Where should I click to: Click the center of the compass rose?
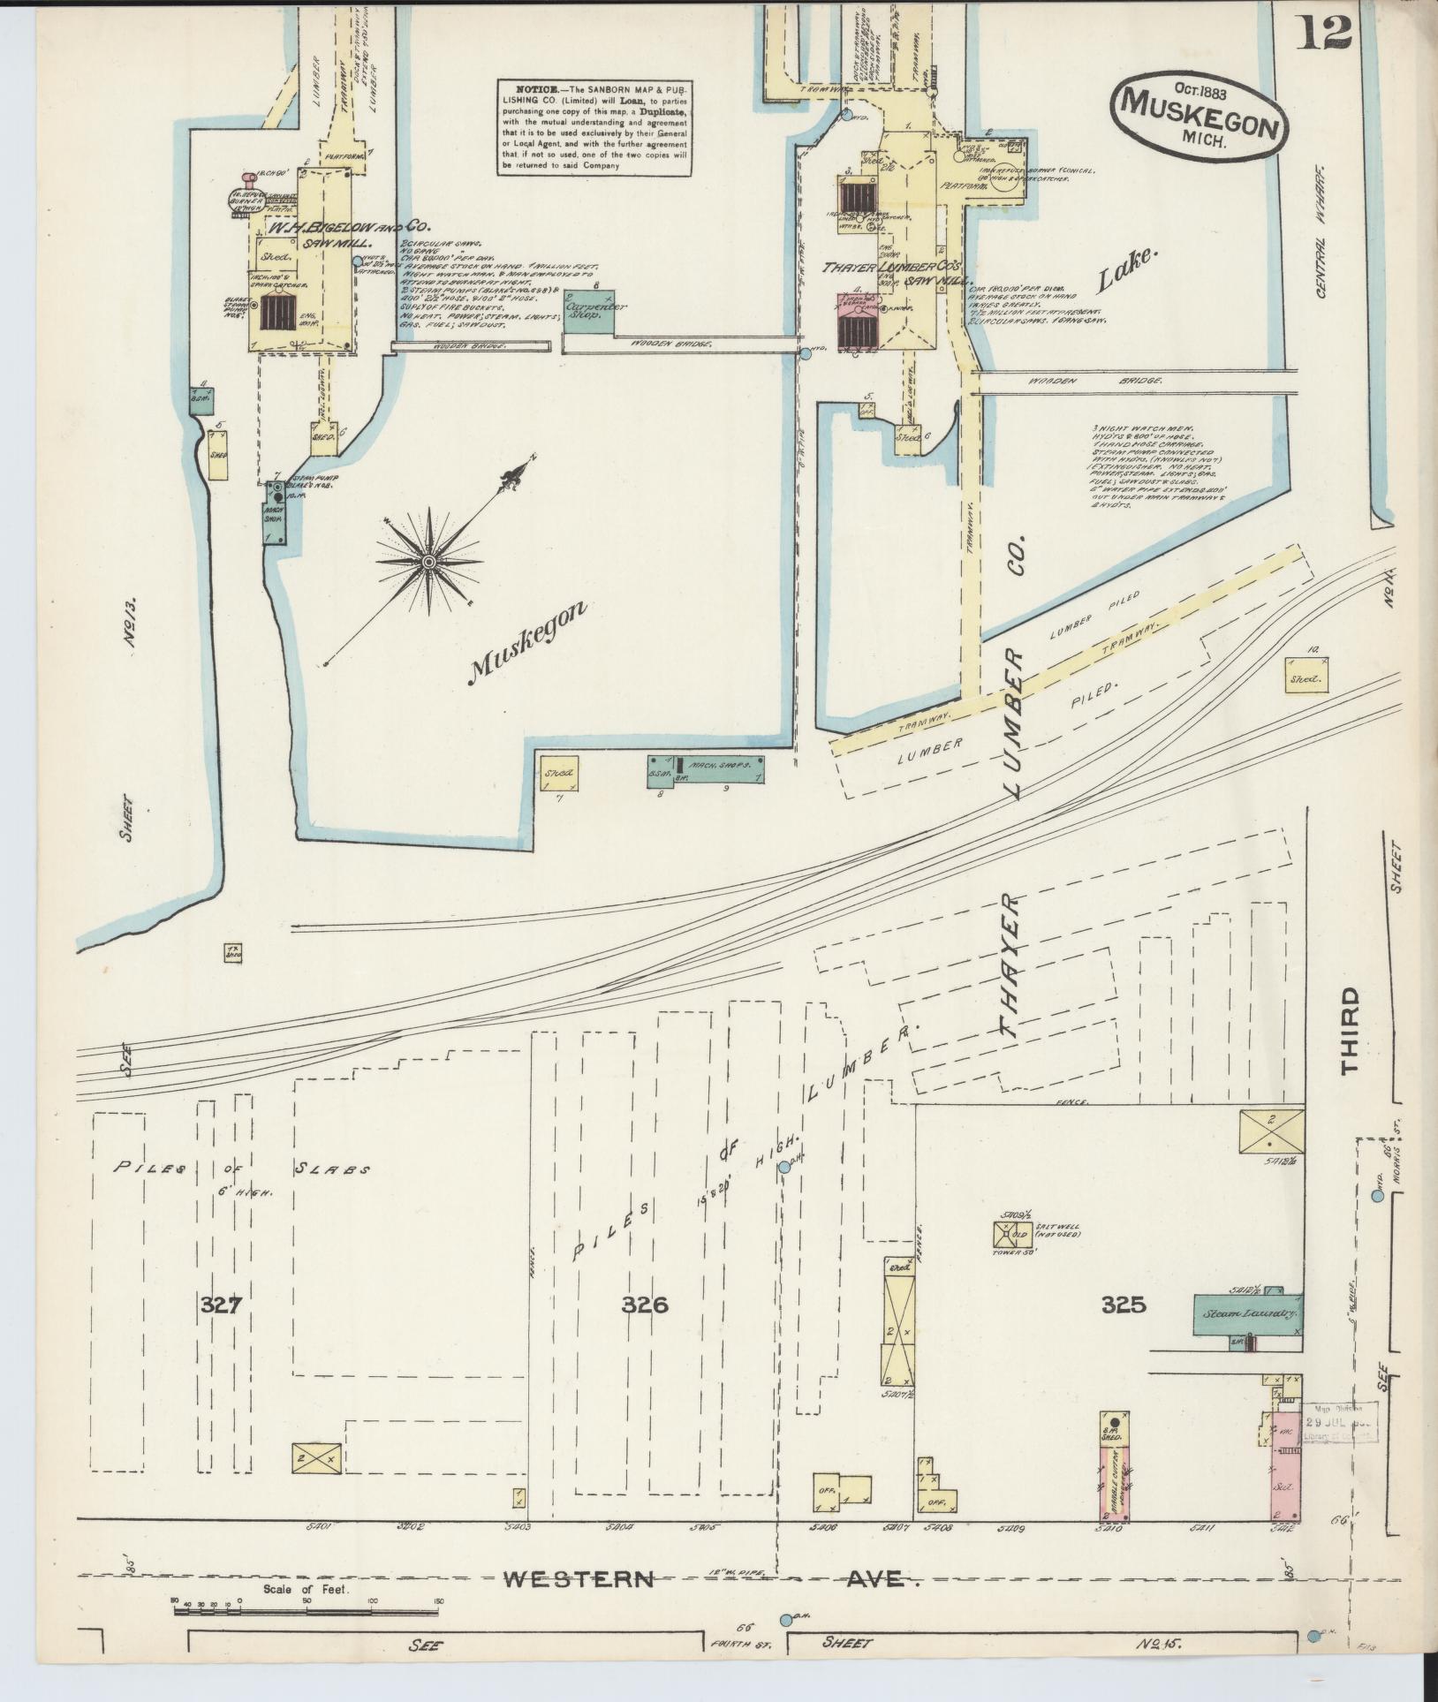pos(428,562)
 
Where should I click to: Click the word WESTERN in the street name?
pos(579,1580)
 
